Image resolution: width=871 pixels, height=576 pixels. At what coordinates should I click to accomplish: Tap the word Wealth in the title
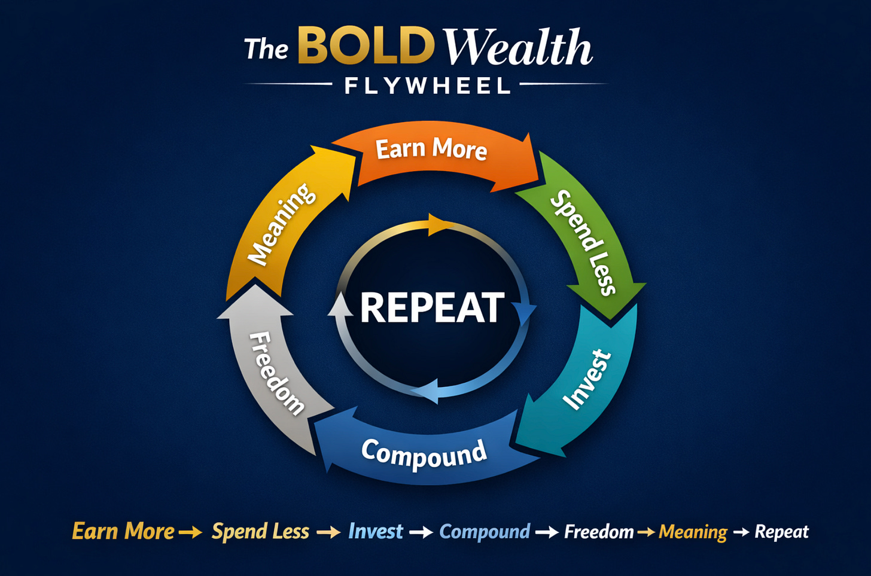518,48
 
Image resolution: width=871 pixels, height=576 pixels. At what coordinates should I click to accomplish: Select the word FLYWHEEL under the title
427,86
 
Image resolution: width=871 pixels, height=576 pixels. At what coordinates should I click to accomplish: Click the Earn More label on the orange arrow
431,148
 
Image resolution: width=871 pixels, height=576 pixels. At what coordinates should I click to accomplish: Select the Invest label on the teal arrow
587,380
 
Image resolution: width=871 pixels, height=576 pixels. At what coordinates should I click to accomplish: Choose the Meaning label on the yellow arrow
281,224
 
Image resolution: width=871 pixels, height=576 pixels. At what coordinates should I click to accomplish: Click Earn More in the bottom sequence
123,531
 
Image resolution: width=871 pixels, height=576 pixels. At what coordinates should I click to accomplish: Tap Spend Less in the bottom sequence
260,531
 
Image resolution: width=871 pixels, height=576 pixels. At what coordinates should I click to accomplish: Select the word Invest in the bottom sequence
376,531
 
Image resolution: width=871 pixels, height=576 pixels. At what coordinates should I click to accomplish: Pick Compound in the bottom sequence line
485,531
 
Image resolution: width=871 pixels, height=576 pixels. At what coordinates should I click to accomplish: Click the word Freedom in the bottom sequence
599,531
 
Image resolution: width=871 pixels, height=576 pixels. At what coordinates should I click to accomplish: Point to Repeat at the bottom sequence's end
781,531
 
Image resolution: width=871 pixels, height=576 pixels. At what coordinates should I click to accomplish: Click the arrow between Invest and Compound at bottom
421,532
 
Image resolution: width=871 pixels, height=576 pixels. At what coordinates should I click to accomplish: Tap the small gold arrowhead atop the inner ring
439,225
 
